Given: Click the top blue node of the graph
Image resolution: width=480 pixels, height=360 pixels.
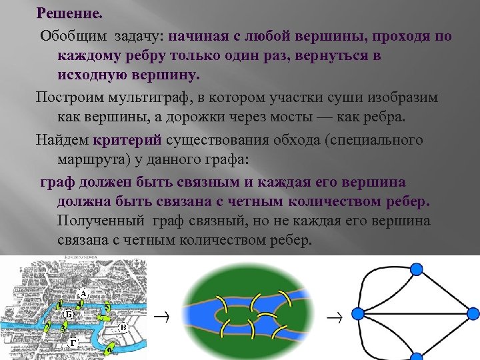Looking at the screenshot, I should pos(415,269).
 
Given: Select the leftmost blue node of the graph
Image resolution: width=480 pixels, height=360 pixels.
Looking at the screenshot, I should pos(358,313).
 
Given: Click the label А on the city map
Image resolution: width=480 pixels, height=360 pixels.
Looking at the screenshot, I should pos(83,293).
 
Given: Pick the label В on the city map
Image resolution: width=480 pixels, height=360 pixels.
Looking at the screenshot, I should pos(123,327).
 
